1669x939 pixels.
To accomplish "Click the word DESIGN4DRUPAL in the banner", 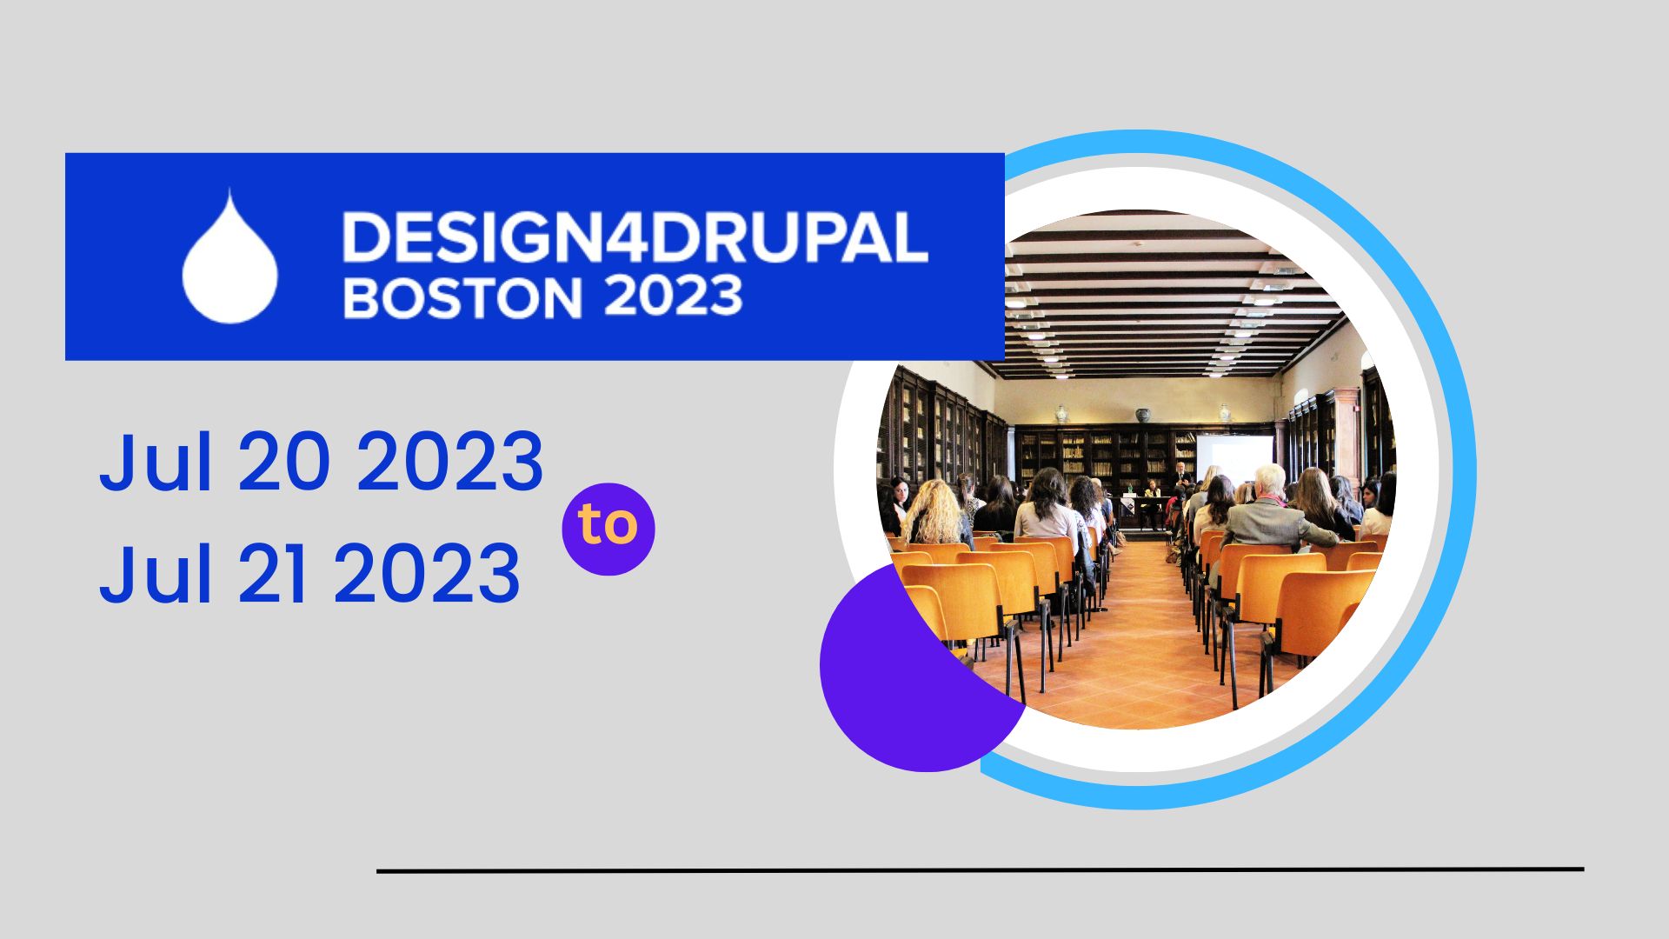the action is [635, 236].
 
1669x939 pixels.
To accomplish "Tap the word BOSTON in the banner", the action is [462, 298].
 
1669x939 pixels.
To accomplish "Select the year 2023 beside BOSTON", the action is [674, 296].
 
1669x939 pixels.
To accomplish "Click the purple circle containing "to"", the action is [608, 529].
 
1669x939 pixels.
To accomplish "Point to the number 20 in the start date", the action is [283, 462].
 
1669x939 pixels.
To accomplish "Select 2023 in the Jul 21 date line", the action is [427, 574].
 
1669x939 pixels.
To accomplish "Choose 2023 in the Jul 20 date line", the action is [450, 462].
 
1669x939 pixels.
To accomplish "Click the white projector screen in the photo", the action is [1234, 459].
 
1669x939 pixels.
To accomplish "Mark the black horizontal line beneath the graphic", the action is [981, 869].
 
